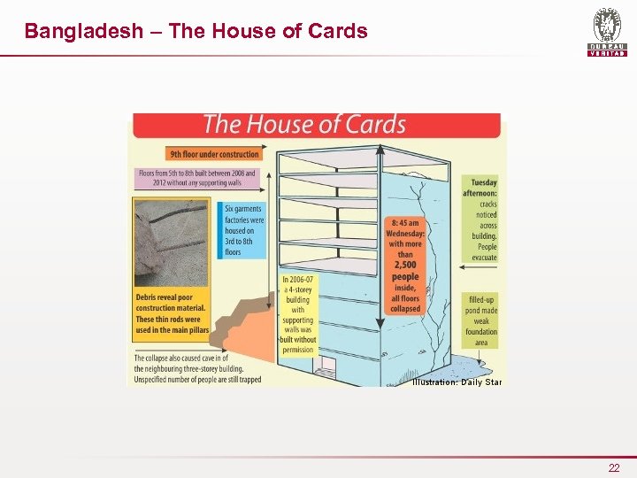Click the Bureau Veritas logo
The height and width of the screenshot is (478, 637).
(607, 33)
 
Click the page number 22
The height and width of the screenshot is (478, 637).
(614, 467)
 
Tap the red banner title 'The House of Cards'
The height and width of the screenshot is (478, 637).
(303, 125)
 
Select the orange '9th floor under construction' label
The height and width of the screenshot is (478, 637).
(213, 153)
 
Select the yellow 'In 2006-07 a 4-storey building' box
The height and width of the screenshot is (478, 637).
(298, 314)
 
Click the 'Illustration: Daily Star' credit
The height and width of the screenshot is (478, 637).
(457, 382)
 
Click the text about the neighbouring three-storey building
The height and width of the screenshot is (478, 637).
(197, 367)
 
